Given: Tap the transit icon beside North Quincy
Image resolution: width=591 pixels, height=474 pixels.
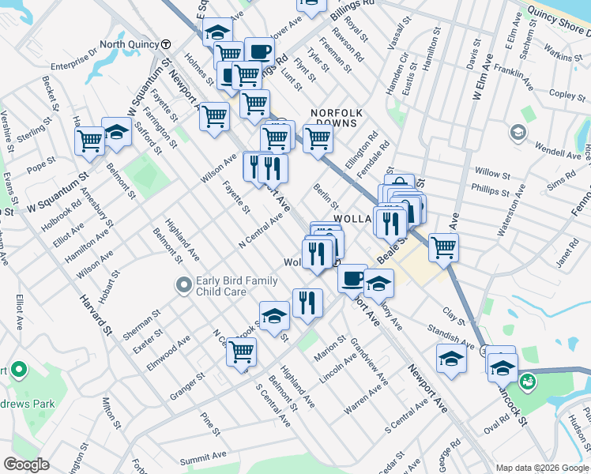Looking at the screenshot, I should click(x=167, y=44).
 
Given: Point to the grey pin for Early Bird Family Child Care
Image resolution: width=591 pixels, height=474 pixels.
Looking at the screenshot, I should click(x=184, y=284).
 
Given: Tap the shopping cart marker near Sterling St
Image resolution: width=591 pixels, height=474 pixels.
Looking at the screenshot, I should click(x=90, y=142).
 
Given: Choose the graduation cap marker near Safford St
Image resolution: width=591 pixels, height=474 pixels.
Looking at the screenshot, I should click(x=117, y=133).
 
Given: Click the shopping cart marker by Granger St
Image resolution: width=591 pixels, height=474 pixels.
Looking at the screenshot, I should click(x=241, y=352).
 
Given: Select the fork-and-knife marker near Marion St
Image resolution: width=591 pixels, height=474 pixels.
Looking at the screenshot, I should click(x=307, y=303).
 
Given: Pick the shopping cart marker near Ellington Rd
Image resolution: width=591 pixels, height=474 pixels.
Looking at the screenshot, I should click(x=318, y=138).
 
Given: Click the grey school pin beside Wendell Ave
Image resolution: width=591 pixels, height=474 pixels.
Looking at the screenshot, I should click(x=518, y=133).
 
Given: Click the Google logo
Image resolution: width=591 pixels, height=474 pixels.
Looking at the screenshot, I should click(x=27, y=465).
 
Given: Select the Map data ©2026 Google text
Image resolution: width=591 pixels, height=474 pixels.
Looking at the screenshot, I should click(x=542, y=468).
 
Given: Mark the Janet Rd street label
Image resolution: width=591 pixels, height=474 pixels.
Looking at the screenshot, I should click(x=567, y=254).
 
